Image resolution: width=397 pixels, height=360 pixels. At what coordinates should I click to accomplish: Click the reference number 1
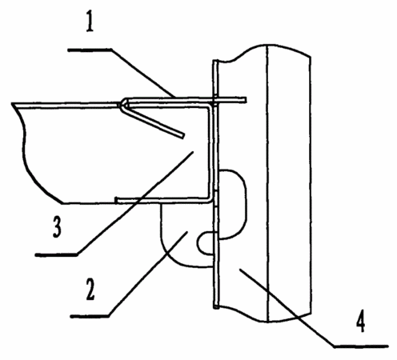tap(90, 22)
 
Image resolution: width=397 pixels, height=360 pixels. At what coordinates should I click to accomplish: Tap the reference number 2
tap(90, 290)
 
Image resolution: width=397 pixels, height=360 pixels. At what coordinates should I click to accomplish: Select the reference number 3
tap(57, 226)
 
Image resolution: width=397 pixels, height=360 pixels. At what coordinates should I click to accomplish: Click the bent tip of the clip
tap(122, 104)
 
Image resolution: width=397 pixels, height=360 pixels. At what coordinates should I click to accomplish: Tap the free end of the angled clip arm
tap(182, 136)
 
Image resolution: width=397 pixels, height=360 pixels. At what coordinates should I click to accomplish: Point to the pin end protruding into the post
tap(245, 100)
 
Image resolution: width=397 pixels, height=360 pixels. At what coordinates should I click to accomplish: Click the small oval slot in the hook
tap(207, 243)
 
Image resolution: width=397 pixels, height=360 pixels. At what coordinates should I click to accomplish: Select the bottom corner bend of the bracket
tap(210, 201)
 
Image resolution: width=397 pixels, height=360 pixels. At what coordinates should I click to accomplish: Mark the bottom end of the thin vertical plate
tap(216, 307)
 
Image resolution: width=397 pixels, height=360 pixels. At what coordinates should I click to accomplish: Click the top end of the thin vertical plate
tap(215, 61)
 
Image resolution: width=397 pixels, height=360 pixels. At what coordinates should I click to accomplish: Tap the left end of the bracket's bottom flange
tap(116, 200)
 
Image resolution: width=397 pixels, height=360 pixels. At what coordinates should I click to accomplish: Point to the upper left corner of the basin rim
tap(12, 104)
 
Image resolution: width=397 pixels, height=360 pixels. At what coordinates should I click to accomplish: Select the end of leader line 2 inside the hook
tap(188, 232)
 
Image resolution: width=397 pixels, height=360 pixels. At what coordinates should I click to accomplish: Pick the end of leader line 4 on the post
tap(240, 270)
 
